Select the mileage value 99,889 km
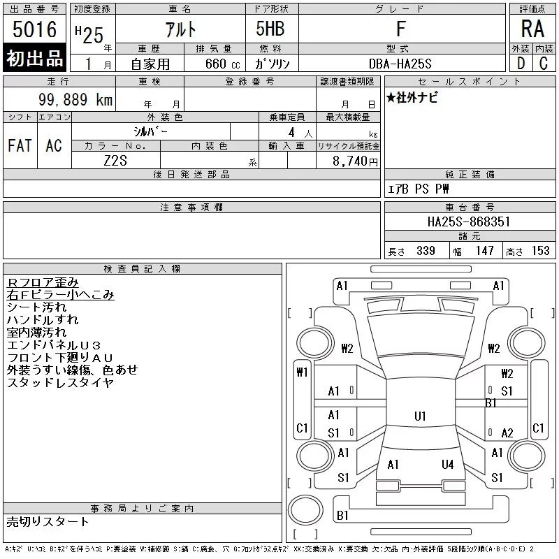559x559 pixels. tap(75, 100)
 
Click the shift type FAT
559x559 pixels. tap(20, 146)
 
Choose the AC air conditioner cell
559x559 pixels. tap(54, 146)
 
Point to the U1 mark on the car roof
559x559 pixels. tap(420, 416)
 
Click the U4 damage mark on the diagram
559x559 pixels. tap(448, 464)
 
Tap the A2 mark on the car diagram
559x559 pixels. tap(507, 433)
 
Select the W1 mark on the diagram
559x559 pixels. tap(303, 372)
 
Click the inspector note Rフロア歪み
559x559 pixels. tap(43, 282)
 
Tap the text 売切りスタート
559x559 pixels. tap(48, 522)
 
